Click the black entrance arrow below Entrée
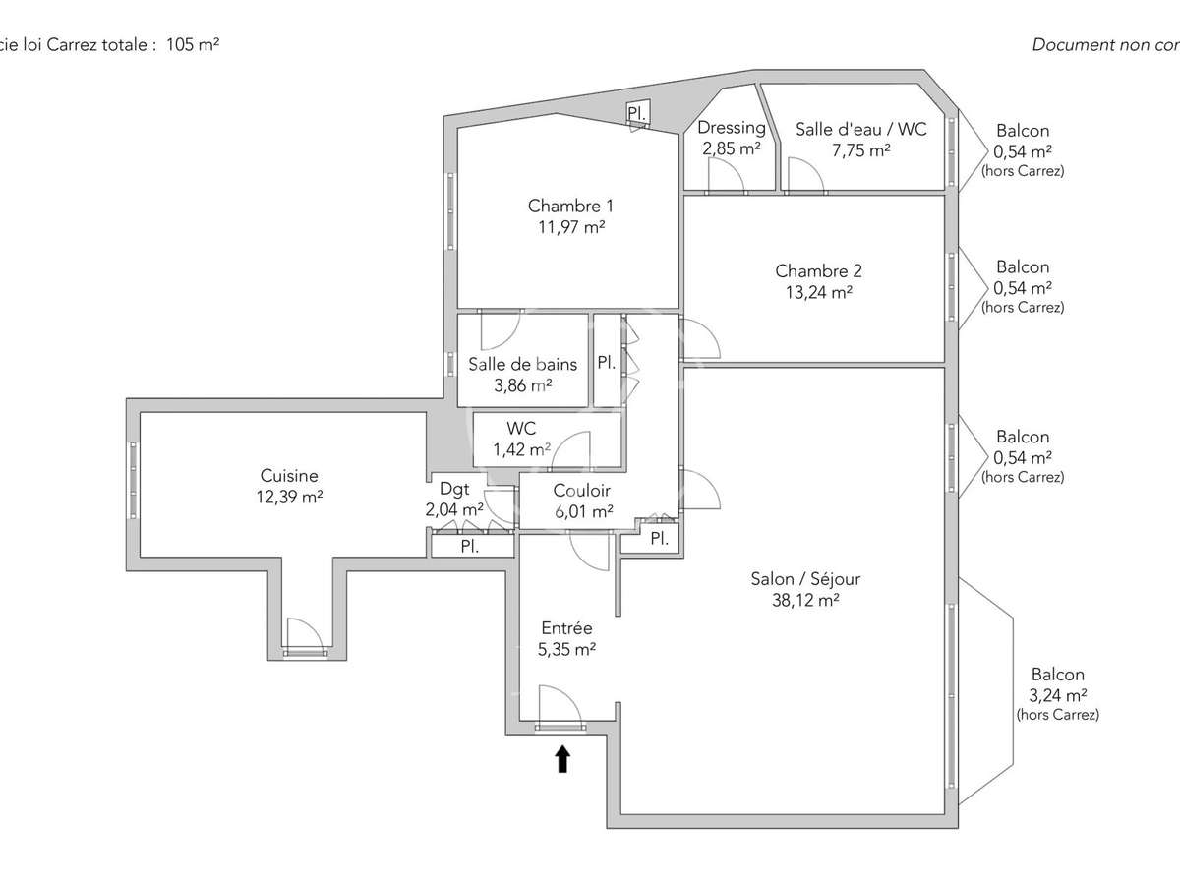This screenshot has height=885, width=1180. pyautogui.click(x=562, y=758)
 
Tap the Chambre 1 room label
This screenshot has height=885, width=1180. pyautogui.click(x=570, y=206)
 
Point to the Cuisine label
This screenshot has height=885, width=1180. pyautogui.click(x=289, y=476)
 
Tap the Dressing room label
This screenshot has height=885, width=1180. pyautogui.click(x=731, y=128)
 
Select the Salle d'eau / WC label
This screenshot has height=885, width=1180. pyautogui.click(x=860, y=128)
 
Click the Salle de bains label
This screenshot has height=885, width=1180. pyautogui.click(x=522, y=364)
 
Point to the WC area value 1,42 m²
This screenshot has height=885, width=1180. pyautogui.click(x=521, y=450)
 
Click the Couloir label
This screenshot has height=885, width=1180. pyautogui.click(x=581, y=490)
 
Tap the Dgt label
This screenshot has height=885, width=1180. pyautogui.click(x=453, y=488)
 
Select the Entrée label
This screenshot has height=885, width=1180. pyautogui.click(x=566, y=628)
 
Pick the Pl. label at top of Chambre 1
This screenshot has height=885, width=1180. pyautogui.click(x=637, y=115)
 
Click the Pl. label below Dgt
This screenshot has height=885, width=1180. pyautogui.click(x=470, y=547)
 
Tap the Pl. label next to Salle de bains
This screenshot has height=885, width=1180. pyautogui.click(x=606, y=363)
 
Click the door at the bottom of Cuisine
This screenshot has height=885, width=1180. pyautogui.click(x=304, y=634)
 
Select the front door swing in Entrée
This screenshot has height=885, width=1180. pyautogui.click(x=560, y=705)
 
